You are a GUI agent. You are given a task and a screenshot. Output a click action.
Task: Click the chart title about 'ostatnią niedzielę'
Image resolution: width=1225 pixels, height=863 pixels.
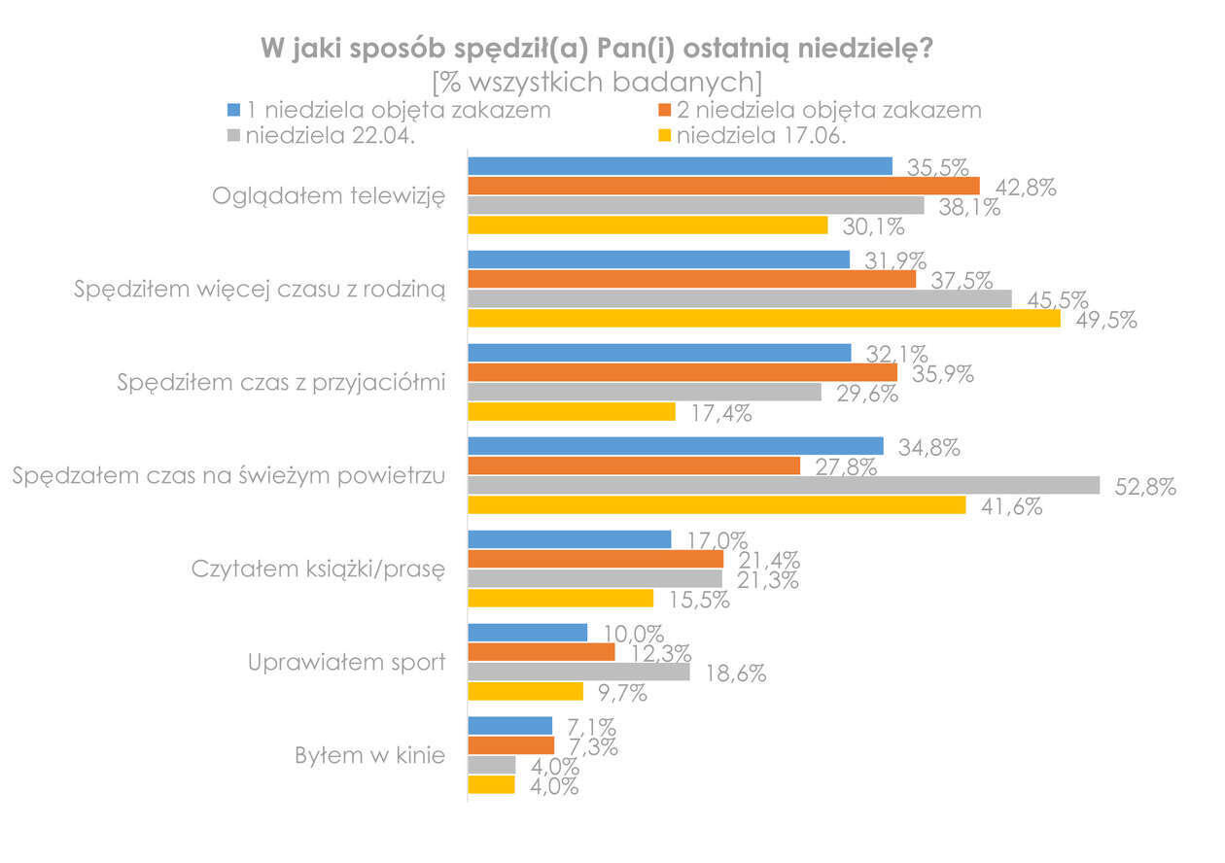(x=597, y=49)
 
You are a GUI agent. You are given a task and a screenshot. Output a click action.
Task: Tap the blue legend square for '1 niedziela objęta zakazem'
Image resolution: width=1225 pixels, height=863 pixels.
(x=232, y=109)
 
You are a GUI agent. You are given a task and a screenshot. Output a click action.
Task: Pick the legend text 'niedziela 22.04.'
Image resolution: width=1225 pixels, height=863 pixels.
(x=331, y=135)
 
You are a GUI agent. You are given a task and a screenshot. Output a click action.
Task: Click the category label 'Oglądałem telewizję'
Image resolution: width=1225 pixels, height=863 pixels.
(x=329, y=195)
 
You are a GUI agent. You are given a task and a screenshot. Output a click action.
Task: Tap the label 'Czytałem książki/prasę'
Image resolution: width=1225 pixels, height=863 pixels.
(x=317, y=570)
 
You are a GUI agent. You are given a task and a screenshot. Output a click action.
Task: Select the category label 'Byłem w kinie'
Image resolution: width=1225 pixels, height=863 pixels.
(x=370, y=756)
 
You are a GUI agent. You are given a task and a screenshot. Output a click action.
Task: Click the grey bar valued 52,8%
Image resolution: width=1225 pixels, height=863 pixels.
(x=784, y=485)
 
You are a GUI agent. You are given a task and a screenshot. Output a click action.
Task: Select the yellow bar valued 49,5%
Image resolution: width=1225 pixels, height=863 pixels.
(x=764, y=318)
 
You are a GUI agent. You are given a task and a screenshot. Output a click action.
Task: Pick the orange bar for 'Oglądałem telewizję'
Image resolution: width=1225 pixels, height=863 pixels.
(x=723, y=186)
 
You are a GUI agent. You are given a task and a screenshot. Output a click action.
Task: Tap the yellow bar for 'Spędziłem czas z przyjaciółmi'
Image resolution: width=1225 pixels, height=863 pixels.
(x=572, y=411)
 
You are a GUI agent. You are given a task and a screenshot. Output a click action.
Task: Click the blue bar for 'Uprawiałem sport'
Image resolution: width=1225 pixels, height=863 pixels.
(x=528, y=633)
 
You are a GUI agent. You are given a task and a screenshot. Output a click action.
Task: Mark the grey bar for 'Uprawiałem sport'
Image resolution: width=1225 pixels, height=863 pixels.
(x=578, y=672)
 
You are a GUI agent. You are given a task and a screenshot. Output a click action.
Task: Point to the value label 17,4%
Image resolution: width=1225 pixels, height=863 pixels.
(x=720, y=414)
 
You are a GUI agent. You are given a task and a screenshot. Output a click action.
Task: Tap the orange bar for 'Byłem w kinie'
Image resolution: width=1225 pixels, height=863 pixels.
(x=510, y=745)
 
